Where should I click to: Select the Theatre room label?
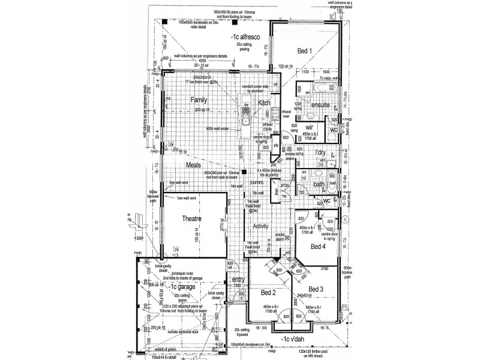(193, 220)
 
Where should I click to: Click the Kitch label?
(265, 103)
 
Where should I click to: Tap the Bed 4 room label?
(319, 246)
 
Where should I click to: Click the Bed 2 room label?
(268, 293)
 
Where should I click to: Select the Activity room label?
(260, 226)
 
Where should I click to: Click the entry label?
(238, 280)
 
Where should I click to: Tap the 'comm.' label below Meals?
(257, 182)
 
